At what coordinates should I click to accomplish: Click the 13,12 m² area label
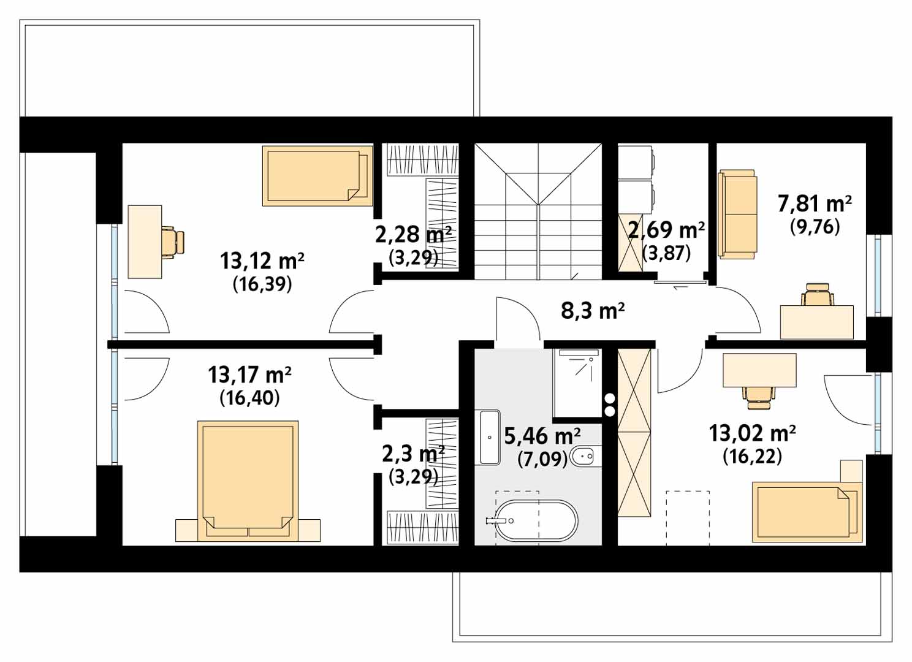[x=262, y=261]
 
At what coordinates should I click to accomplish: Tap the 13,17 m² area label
[x=249, y=375]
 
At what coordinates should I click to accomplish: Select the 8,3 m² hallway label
[x=593, y=311]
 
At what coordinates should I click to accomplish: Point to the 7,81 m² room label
[x=815, y=204]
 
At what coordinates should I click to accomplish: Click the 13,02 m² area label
[x=752, y=433]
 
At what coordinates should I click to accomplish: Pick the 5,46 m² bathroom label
[x=542, y=436]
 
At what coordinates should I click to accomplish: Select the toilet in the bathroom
[x=586, y=457]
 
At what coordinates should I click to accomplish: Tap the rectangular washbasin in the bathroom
[x=490, y=437]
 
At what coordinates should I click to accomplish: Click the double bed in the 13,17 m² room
[x=248, y=481]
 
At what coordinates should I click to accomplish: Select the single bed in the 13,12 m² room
[x=317, y=176]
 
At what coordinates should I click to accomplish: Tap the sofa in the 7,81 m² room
[x=737, y=215]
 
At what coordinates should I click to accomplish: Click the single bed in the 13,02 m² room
[x=807, y=512]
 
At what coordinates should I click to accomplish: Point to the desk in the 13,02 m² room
[x=759, y=370]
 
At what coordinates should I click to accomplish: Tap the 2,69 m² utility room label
[x=666, y=230]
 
